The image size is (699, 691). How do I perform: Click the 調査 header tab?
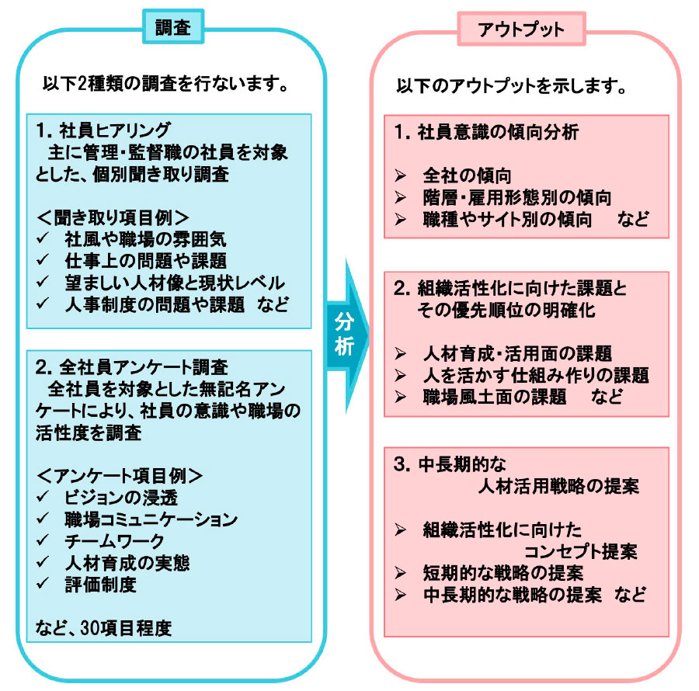[x=173, y=26]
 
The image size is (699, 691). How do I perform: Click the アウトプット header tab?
[x=521, y=30]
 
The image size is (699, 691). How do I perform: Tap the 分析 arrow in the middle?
[x=348, y=335]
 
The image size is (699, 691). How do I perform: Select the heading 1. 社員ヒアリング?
[x=103, y=130]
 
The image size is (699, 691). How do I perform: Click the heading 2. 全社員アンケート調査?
[x=132, y=367]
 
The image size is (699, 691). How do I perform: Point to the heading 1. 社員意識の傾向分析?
[x=486, y=132]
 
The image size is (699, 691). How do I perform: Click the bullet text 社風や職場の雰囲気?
[x=145, y=239]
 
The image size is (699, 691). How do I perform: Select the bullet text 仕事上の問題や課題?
[x=145, y=261]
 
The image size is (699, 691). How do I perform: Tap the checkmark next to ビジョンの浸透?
[x=43, y=497]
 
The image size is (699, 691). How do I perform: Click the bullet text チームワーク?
[x=115, y=541]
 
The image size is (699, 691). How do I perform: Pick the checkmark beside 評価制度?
[x=43, y=584]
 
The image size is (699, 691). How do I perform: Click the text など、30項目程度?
[x=103, y=628]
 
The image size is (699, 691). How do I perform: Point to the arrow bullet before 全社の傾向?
[x=400, y=176]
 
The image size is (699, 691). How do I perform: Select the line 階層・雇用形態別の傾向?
[x=517, y=197]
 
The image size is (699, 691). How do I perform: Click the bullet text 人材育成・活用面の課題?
[x=517, y=354]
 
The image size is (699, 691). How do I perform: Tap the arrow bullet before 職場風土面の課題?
[x=400, y=397]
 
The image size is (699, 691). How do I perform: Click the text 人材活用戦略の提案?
[x=558, y=485]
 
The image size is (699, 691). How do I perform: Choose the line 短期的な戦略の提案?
[x=503, y=573]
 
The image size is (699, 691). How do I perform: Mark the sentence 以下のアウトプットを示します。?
[x=512, y=85]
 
